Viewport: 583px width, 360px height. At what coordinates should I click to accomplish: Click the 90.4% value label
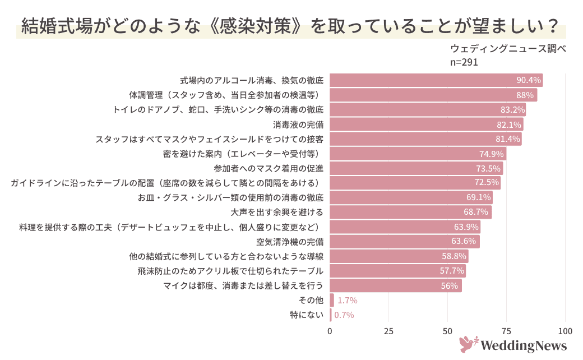click(x=528, y=80)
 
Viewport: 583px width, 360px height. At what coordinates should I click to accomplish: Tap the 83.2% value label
click(x=512, y=109)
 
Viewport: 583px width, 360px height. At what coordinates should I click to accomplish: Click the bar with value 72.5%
click(x=415, y=183)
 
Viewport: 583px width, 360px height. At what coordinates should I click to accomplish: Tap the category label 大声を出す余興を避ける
click(x=277, y=213)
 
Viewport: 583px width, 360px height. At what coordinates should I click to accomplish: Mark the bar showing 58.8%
click(x=399, y=256)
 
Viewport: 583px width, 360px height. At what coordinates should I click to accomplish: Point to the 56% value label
click(x=450, y=285)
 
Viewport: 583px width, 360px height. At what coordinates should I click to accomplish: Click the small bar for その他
click(x=332, y=300)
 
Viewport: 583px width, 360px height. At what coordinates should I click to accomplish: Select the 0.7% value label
click(x=344, y=315)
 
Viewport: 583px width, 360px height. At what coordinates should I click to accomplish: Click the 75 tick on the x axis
click(x=506, y=331)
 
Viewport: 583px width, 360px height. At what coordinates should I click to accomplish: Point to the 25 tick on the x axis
click(x=388, y=331)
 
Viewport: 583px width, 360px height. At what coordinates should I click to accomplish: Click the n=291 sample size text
click(x=464, y=62)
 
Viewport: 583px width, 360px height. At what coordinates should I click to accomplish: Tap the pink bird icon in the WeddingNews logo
click(x=468, y=344)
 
